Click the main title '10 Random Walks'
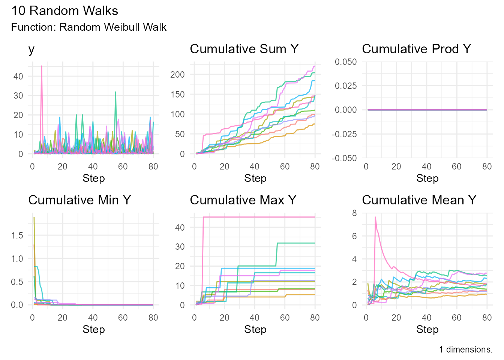tap(64, 10)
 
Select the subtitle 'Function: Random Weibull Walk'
tap(89, 27)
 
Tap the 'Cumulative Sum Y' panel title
tap(244, 49)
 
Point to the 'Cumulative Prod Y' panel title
tap(416, 49)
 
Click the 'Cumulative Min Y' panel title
tap(79, 200)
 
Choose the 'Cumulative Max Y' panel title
tap(243, 200)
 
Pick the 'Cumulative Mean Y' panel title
tap(419, 200)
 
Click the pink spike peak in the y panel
tap(42, 66)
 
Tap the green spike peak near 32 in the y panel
tap(115, 92)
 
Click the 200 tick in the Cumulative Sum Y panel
tap(177, 74)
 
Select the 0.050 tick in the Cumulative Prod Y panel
tap(346, 61)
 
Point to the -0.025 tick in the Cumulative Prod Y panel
tap(344, 134)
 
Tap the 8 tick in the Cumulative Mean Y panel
tap(354, 213)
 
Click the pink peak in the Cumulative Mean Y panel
tap(375, 217)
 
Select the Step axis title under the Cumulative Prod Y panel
tap(427, 178)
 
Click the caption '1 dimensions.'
tap(466, 349)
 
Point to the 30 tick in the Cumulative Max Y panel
tap(180, 246)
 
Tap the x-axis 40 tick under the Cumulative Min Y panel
tap(93, 317)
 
